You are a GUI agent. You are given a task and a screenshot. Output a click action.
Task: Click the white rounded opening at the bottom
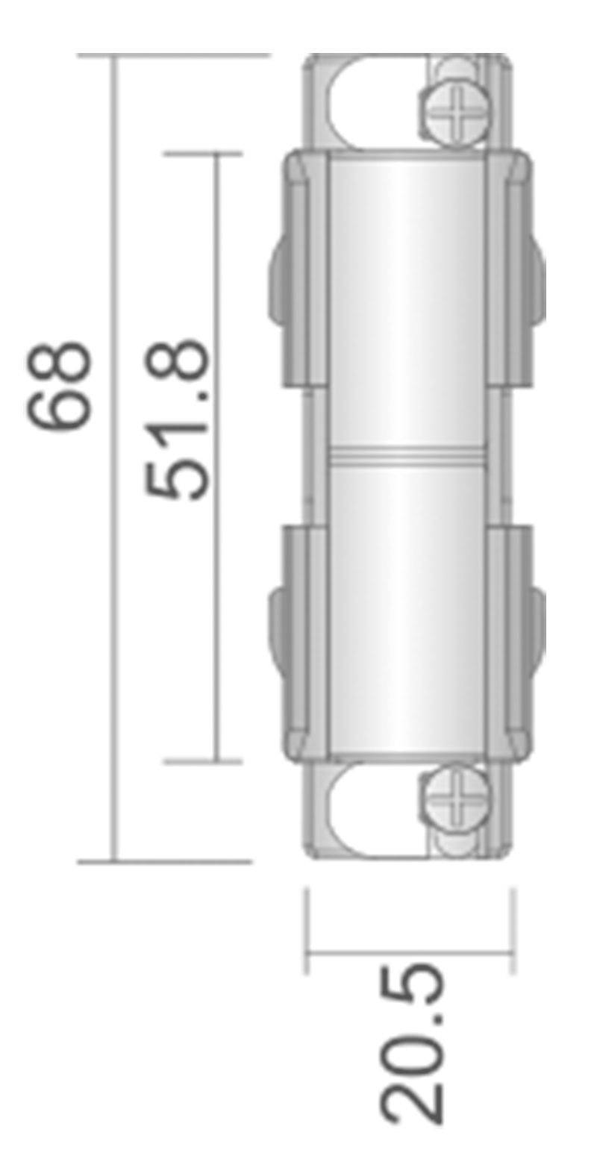pyautogui.click(x=369, y=810)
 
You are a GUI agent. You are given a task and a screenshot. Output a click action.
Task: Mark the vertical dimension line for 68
pyautogui.click(x=114, y=597)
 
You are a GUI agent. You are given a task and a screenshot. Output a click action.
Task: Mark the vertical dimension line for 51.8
pyautogui.click(x=217, y=597)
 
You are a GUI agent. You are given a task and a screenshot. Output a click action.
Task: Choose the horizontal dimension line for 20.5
pyautogui.click(x=409, y=952)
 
